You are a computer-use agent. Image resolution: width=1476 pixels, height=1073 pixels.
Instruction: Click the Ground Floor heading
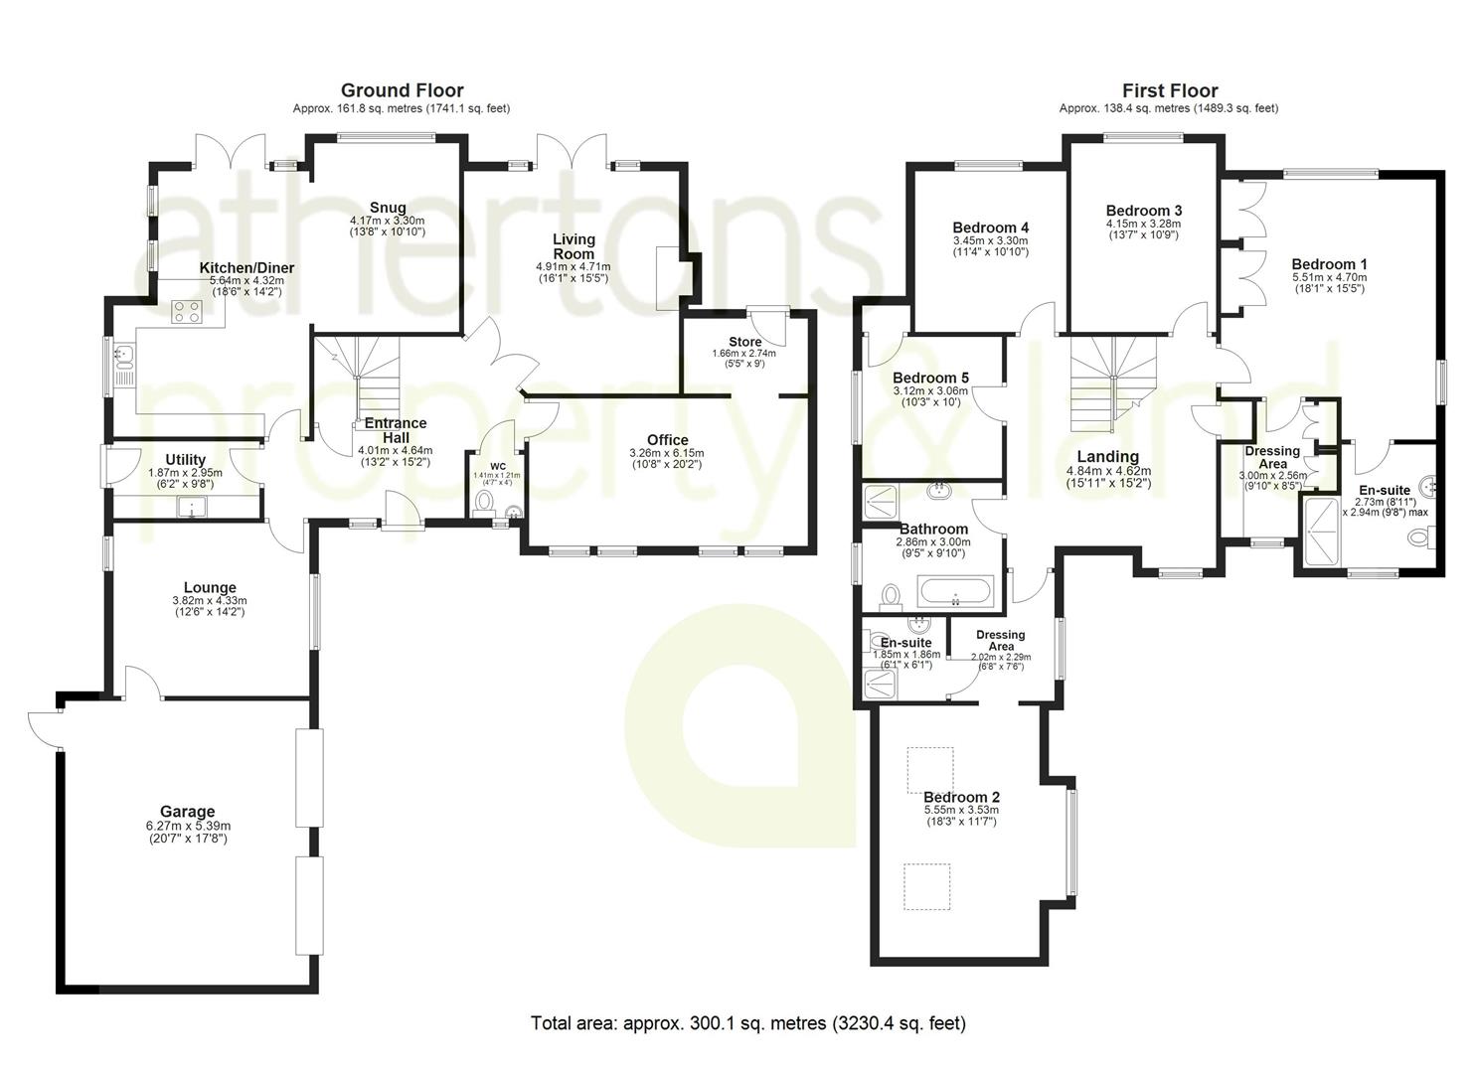click(x=402, y=90)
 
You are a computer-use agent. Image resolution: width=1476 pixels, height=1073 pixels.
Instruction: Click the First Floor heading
click(x=1170, y=90)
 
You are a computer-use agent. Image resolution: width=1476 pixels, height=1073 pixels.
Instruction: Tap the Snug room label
click(x=388, y=209)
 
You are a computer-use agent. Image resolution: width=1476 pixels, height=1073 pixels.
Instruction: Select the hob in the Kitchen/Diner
click(x=186, y=312)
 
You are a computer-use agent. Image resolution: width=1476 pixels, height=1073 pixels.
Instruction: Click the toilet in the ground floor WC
click(x=485, y=502)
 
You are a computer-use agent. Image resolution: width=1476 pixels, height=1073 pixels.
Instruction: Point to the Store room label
click(x=744, y=342)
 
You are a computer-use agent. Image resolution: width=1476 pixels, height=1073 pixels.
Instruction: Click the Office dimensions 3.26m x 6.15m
click(x=667, y=453)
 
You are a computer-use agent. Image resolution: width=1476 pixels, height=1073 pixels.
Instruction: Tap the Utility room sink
click(x=192, y=507)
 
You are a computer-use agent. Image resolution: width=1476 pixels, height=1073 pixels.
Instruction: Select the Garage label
click(x=188, y=812)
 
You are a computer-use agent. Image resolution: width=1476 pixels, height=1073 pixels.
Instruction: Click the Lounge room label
click(x=210, y=587)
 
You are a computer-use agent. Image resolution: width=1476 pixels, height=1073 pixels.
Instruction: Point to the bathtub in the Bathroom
click(x=955, y=591)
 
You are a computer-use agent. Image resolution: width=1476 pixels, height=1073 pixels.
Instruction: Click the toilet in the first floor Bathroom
click(x=891, y=595)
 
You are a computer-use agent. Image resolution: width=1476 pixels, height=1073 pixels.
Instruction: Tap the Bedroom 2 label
click(x=961, y=797)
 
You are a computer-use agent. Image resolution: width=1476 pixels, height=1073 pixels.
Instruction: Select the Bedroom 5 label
click(x=930, y=379)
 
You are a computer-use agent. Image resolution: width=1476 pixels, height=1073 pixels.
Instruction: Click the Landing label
click(x=1107, y=456)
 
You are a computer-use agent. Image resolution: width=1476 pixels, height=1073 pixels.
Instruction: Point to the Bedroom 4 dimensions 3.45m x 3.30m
click(x=990, y=241)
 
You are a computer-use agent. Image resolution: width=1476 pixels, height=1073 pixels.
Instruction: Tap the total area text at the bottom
click(x=748, y=1023)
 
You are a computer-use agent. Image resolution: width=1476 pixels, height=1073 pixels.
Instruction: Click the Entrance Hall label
click(x=396, y=430)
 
